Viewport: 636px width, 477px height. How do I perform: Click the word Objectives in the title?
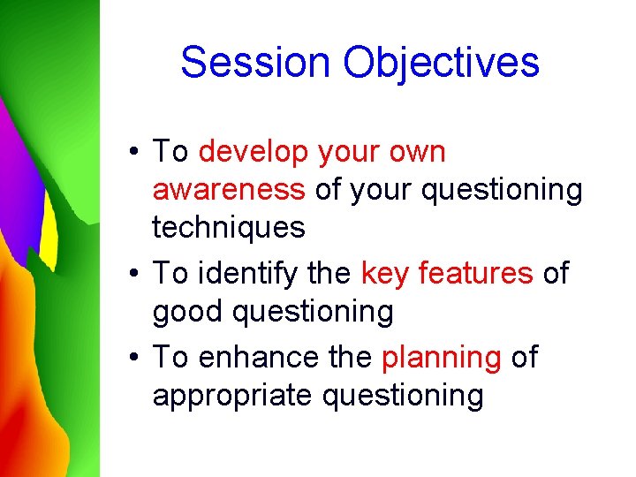tap(441, 63)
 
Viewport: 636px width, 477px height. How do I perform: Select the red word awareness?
tap(229, 190)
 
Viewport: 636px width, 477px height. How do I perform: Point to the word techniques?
tap(229, 228)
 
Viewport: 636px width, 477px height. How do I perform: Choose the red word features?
tap(476, 274)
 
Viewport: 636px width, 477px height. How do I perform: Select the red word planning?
tap(442, 358)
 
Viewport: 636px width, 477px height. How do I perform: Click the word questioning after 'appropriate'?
tap(403, 396)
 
